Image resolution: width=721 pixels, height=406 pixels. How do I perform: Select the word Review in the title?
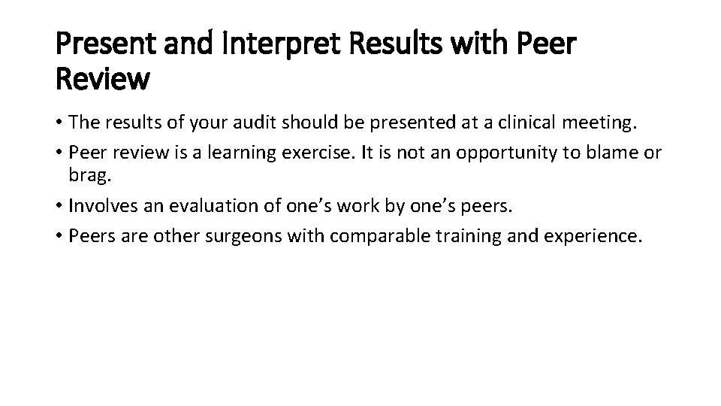coord(103,78)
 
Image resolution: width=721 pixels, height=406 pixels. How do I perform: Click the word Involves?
coord(101,208)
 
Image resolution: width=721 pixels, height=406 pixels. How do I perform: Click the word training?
coord(459,237)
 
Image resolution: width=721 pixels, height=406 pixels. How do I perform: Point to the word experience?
coord(587,237)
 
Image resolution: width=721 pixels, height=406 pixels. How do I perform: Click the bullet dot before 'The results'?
coord(60,124)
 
